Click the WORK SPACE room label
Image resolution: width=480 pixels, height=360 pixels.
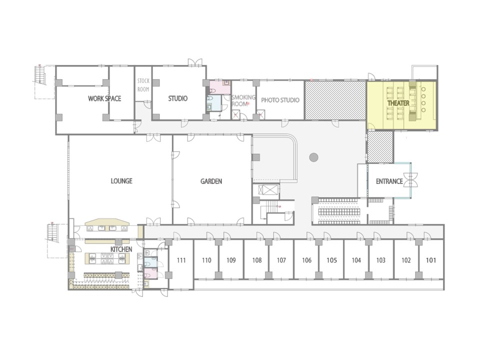[104, 98]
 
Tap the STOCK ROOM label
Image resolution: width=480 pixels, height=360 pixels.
[143, 85]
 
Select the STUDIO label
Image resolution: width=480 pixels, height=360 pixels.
[178, 98]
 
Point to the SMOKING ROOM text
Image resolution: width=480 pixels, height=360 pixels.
[243, 100]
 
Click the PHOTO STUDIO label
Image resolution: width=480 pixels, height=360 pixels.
[280, 100]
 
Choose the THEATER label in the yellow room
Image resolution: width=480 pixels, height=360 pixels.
[398, 103]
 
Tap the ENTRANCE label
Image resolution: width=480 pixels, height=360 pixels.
[389, 181]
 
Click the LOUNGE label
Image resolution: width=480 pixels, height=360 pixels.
[121, 181]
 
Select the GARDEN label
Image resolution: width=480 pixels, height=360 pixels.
[211, 181]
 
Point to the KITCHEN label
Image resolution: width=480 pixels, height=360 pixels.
[121, 249]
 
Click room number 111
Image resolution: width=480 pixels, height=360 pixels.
[181, 260]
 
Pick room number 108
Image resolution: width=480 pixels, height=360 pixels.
[257, 260]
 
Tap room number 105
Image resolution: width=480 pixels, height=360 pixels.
[331, 260]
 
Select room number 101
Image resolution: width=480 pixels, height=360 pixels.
[431, 260]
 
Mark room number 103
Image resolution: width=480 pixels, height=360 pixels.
[381, 260]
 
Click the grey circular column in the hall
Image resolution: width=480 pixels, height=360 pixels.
[314, 157]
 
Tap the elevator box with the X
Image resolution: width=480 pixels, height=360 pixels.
[268, 190]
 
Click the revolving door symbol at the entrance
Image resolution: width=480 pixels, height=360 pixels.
[410, 179]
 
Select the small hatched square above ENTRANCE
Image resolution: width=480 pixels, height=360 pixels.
[380, 147]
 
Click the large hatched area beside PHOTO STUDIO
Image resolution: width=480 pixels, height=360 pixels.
[335, 100]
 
